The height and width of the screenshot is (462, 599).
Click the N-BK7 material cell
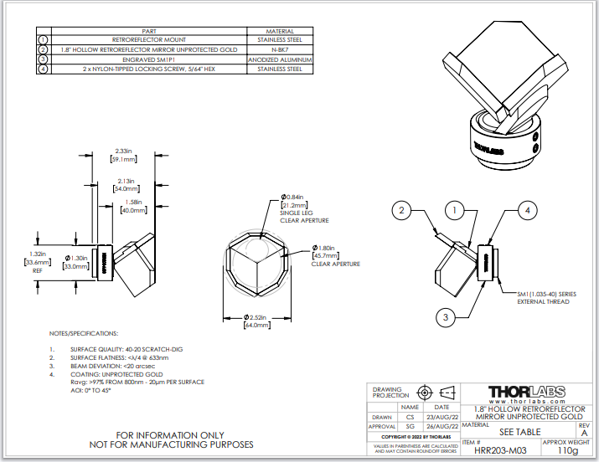[279, 49]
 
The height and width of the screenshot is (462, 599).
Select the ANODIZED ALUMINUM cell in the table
[279, 59]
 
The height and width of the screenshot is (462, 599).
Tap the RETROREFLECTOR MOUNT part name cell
[149, 39]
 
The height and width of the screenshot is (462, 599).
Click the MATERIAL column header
[279, 30]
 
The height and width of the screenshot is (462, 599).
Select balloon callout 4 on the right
[528, 210]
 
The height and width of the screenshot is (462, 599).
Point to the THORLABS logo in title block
[526, 391]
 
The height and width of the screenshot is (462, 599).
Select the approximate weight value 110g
[567, 450]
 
